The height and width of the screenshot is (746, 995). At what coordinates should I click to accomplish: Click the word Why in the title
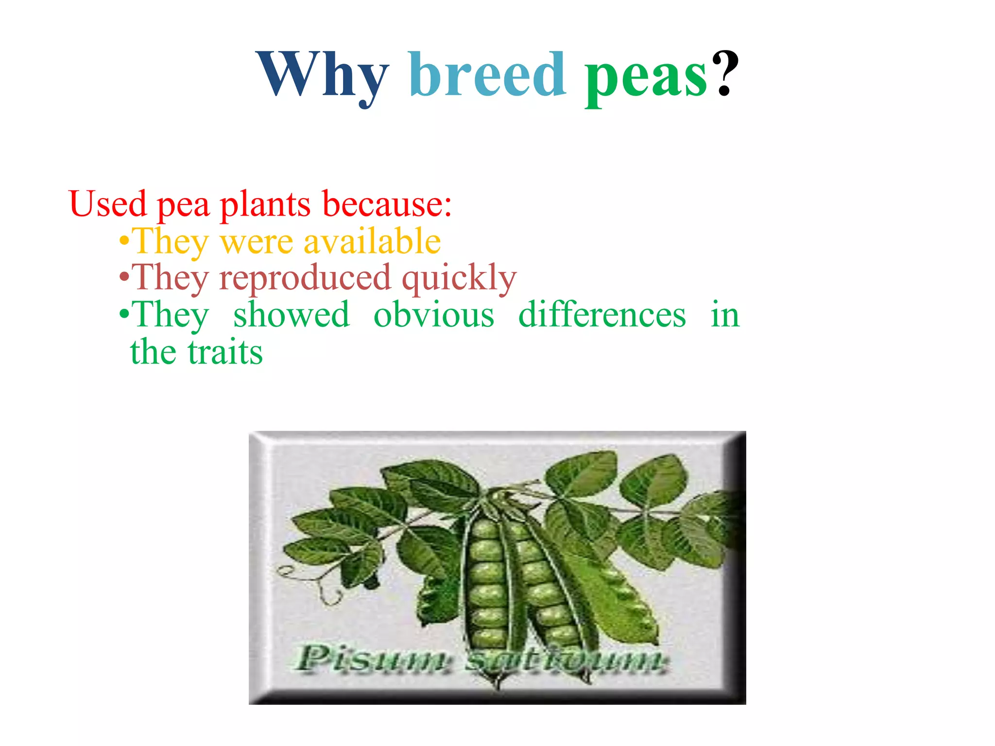[323, 75]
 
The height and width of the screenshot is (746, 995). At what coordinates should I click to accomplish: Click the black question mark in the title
[725, 73]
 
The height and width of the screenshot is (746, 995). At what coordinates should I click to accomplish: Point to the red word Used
[107, 204]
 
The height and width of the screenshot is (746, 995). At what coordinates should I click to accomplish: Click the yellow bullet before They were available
[124, 241]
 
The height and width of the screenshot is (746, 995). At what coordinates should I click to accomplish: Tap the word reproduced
[305, 278]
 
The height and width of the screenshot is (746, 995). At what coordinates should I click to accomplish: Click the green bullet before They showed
[124, 314]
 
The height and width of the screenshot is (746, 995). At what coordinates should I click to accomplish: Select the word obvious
[433, 315]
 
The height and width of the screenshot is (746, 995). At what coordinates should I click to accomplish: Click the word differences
[602, 315]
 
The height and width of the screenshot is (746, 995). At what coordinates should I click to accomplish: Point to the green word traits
[225, 352]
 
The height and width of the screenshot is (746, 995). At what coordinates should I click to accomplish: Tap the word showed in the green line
[291, 315]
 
